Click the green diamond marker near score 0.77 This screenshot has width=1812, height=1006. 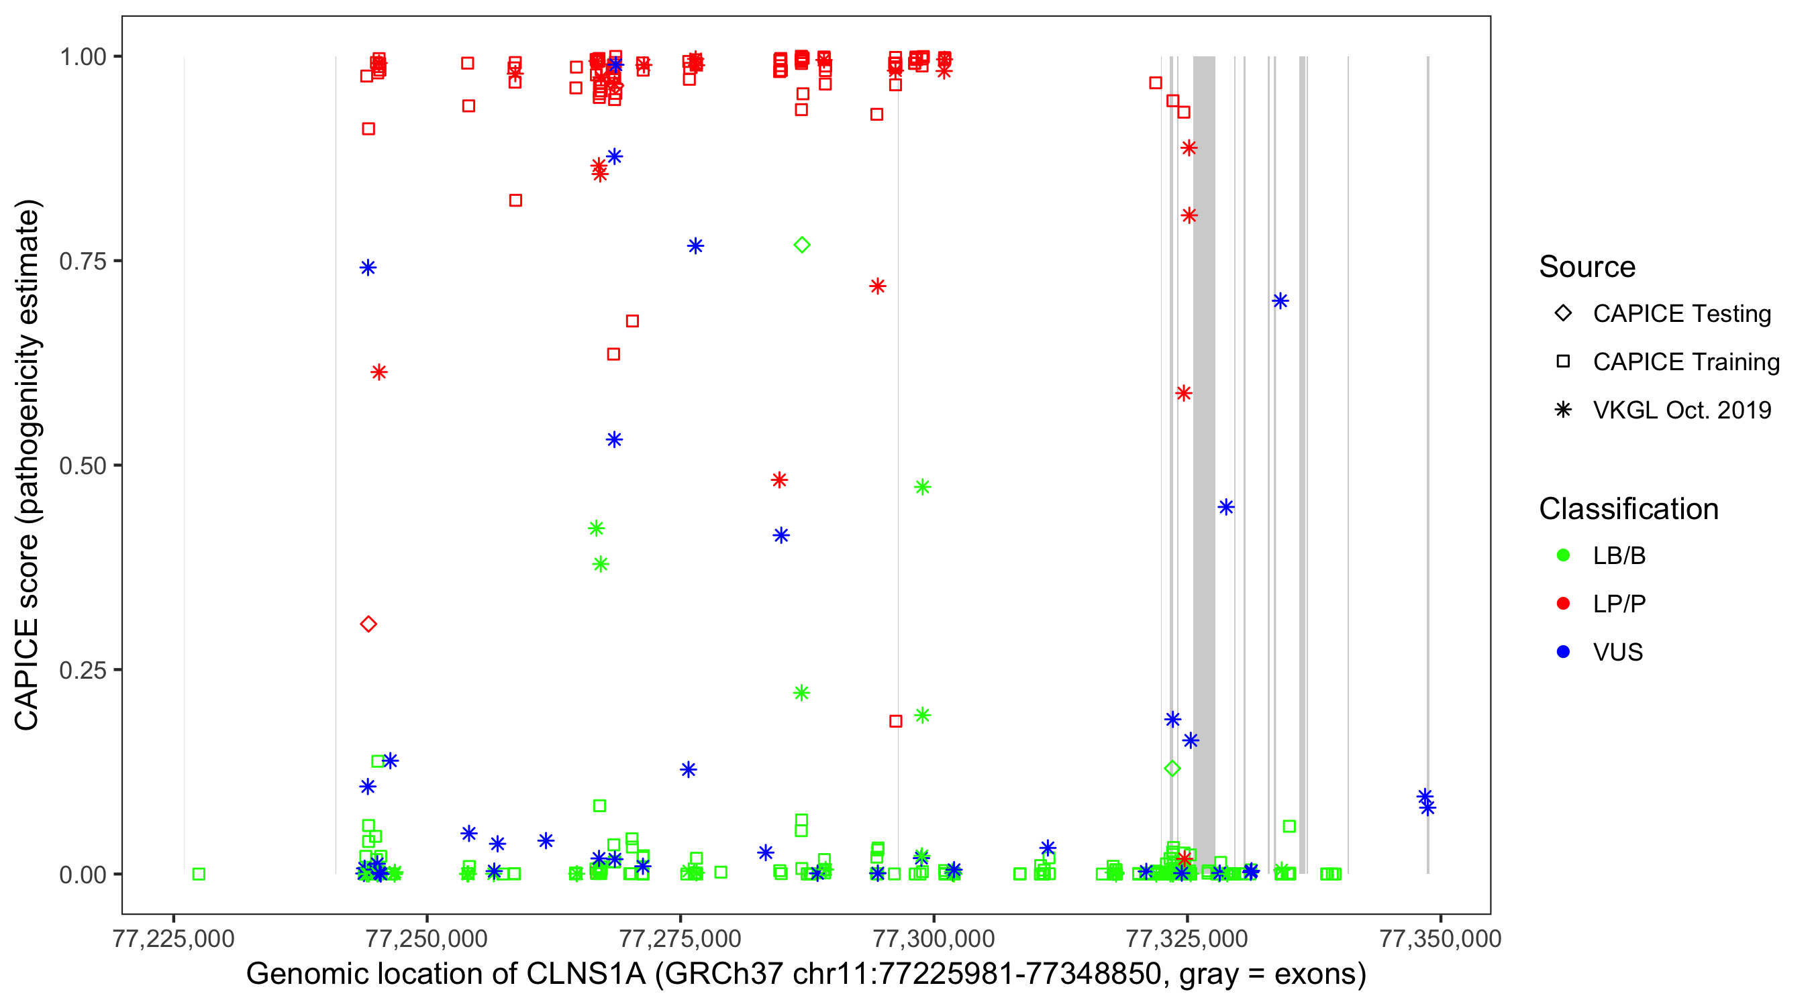[x=802, y=245]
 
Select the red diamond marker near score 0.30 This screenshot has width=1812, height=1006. [x=368, y=624]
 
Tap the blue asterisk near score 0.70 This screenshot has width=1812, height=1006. [x=1280, y=301]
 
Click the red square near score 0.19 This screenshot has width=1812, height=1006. [x=895, y=720]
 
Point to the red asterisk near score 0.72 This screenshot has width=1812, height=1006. [x=877, y=286]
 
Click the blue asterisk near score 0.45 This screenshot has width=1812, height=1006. [x=1226, y=507]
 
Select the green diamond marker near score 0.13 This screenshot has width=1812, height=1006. [x=1172, y=769]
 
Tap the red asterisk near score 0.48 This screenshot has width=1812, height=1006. [x=778, y=480]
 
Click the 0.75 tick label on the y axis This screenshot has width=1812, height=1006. [x=83, y=262]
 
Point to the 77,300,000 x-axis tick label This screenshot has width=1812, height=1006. [x=934, y=938]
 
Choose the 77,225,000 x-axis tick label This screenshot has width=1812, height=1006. [x=173, y=938]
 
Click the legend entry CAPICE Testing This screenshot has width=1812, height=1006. [x=1681, y=314]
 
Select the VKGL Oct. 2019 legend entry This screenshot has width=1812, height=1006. [x=1681, y=410]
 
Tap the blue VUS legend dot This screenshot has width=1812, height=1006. [x=1564, y=652]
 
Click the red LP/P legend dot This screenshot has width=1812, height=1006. [x=1564, y=603]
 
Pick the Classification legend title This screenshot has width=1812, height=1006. [x=1628, y=509]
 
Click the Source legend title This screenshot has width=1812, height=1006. [x=1587, y=267]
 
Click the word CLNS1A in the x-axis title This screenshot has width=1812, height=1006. [x=586, y=974]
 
